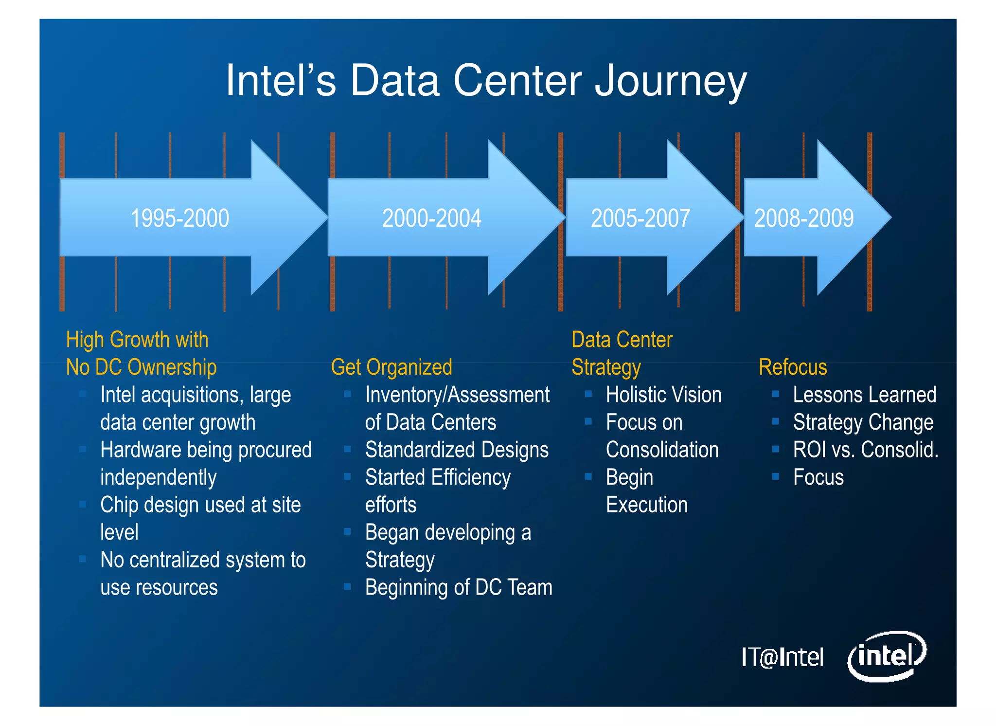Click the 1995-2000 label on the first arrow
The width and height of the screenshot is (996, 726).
179,218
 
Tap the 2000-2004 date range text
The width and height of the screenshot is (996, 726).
431,218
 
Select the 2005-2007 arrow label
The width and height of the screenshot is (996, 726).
640,218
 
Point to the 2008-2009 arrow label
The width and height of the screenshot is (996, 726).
803,218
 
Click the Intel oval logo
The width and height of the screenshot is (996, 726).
887,656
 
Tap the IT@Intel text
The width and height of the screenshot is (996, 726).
782,657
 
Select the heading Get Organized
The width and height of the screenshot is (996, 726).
391,367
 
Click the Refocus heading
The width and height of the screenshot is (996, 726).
793,367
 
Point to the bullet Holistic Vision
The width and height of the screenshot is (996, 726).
663,395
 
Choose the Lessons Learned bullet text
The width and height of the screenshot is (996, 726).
864,395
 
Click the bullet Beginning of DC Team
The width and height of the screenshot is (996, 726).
459,587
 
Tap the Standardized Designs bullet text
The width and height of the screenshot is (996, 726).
457,450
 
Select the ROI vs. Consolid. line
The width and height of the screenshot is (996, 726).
865,450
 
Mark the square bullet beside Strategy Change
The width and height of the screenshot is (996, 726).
775,421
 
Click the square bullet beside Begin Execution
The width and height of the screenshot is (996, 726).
588,476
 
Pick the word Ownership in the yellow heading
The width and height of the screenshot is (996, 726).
172,367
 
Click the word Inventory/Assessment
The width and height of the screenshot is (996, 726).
457,395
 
